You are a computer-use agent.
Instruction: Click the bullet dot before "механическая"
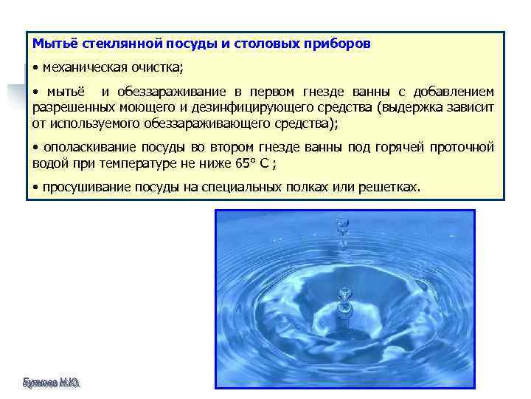pos(35,68)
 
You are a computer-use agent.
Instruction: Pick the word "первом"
pos(272,92)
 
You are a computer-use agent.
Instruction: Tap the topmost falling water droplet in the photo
pos(341,221)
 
